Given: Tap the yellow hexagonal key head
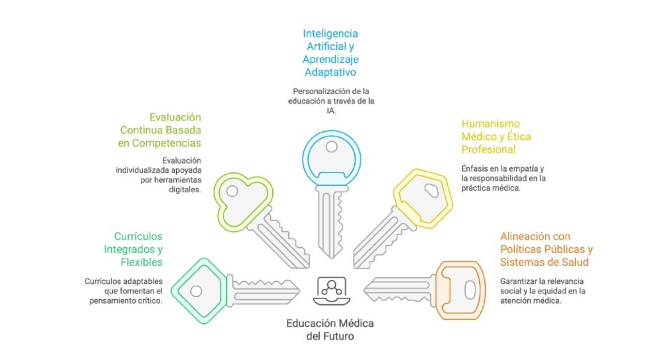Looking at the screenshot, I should [423, 195].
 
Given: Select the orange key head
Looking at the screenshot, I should [460, 290].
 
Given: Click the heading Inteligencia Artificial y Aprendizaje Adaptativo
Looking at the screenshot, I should [330, 52].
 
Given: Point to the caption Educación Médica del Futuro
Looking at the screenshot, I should [330, 329].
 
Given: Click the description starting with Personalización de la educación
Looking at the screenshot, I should [330, 101].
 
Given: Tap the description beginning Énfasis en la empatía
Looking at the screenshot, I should [504, 177].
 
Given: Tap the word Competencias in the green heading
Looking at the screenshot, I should [167, 143].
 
